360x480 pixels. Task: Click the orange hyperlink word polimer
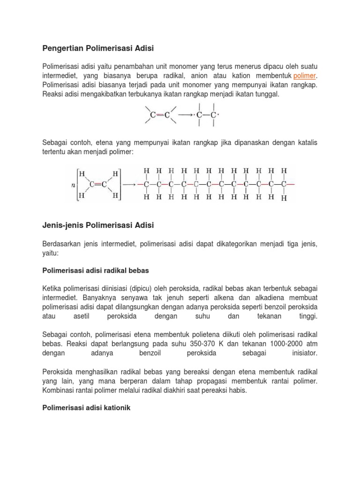coord(305,75)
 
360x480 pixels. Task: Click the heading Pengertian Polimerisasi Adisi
coord(98,48)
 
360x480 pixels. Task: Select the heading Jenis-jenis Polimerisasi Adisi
coord(98,225)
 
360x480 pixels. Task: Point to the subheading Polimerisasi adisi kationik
coord(86,408)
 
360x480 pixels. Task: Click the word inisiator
coord(303,352)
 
